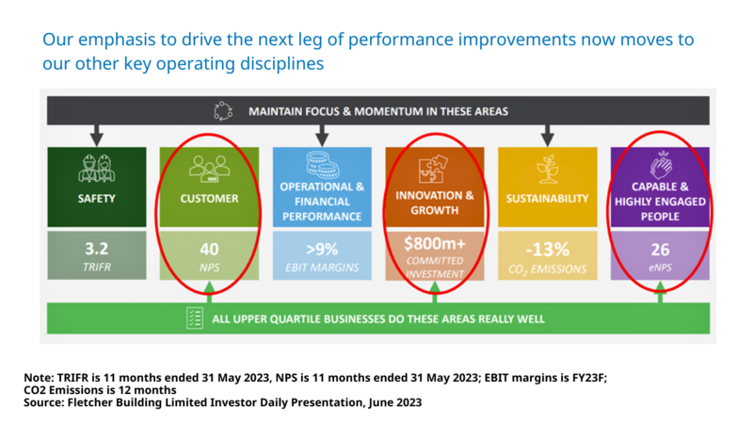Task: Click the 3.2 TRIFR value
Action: [x=97, y=249]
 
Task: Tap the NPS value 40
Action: [x=209, y=249]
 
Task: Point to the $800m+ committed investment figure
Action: [x=435, y=244]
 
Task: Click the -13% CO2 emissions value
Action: [x=547, y=250]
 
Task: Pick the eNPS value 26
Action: [x=659, y=250]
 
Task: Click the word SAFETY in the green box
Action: [x=97, y=199]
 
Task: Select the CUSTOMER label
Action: [x=209, y=199]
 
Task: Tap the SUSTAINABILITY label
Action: [x=547, y=199]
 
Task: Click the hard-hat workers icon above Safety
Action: [x=97, y=169]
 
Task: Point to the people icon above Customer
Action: [x=209, y=169]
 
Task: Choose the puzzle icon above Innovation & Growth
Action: [x=435, y=167]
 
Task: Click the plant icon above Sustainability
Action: [x=547, y=169]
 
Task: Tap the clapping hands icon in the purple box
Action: [x=659, y=165]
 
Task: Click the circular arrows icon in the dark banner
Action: [x=223, y=111]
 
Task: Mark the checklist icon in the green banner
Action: [x=195, y=318]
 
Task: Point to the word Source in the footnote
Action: [x=44, y=402]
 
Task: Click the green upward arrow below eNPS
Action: [x=660, y=294]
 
